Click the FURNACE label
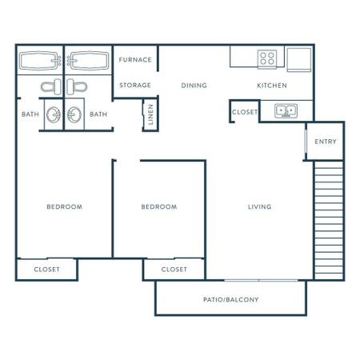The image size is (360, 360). pyautogui.click(x=135, y=60)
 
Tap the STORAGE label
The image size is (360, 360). pyautogui.click(x=135, y=86)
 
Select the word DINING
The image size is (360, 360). pyautogui.click(x=194, y=86)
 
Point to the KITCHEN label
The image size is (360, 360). pyautogui.click(x=272, y=86)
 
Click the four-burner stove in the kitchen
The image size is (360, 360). pyautogui.click(x=267, y=58)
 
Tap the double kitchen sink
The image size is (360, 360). pyautogui.click(x=286, y=111)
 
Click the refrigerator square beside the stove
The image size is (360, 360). pyautogui.click(x=299, y=60)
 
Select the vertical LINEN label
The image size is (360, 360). pyautogui.click(x=150, y=114)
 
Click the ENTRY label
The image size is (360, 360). pyautogui.click(x=326, y=142)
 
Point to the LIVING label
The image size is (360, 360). pyautogui.click(x=260, y=207)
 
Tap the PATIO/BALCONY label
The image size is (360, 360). pyautogui.click(x=231, y=300)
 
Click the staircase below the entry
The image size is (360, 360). pyautogui.click(x=329, y=220)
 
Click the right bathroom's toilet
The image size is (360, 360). pyautogui.click(x=77, y=86)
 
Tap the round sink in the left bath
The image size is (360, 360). pyautogui.click(x=54, y=114)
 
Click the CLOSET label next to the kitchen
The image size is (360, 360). pyautogui.click(x=245, y=112)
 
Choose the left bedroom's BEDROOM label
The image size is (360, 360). pyautogui.click(x=65, y=207)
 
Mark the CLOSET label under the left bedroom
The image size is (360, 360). pyautogui.click(x=47, y=270)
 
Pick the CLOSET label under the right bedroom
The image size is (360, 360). pyautogui.click(x=174, y=270)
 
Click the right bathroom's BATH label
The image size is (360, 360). pyautogui.click(x=98, y=114)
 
